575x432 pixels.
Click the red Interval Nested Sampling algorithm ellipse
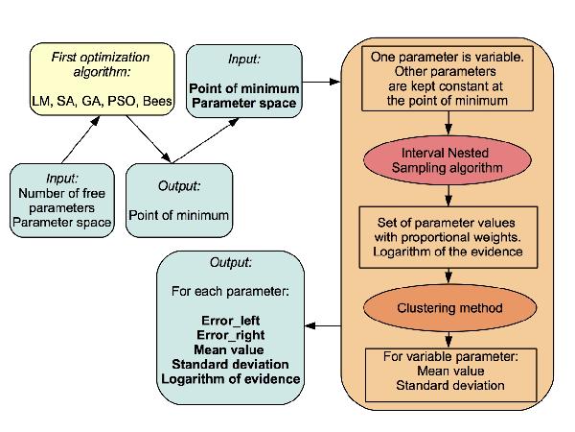click(x=448, y=160)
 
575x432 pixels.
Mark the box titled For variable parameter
click(x=448, y=372)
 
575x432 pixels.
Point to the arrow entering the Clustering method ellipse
click(x=448, y=276)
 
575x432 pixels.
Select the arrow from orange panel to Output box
click(x=327, y=325)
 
